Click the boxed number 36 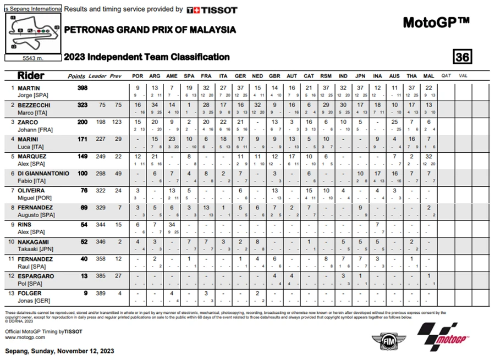(463, 57)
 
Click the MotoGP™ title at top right (436, 23)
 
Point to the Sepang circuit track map (33, 32)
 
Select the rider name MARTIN (29, 88)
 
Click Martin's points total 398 (84, 88)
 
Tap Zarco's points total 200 (84, 122)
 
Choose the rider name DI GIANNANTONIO (43, 173)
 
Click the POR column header (137, 76)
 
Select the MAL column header (429, 76)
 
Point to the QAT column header (446, 76)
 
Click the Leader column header (98, 76)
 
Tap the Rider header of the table (31, 75)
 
